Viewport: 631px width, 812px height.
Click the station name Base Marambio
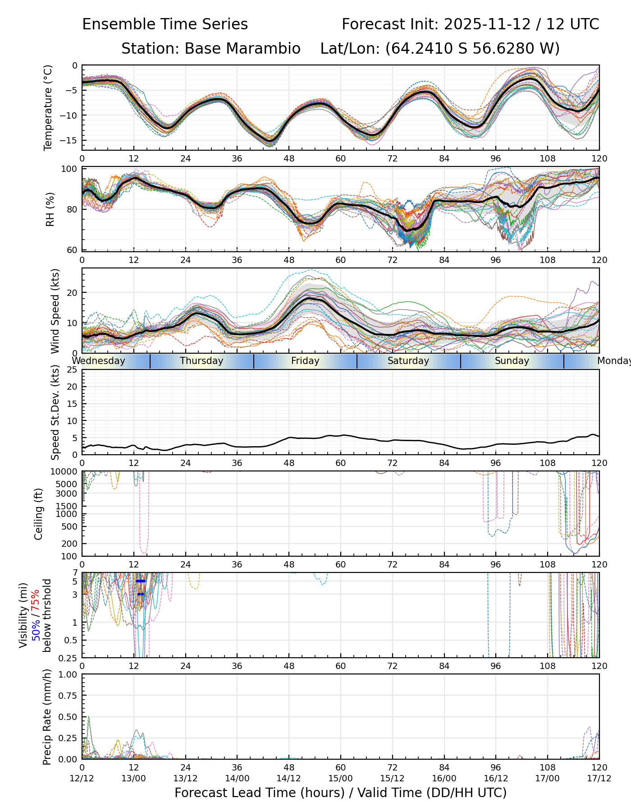pyautogui.click(x=242, y=49)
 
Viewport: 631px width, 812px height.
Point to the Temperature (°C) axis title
pyautogui.click(x=48, y=107)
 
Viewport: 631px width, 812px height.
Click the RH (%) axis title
pyautogui.click(x=50, y=209)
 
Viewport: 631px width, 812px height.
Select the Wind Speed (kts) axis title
pyautogui.click(x=55, y=311)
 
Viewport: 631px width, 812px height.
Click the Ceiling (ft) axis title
pyautogui.click(x=39, y=514)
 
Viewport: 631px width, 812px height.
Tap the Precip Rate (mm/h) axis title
pyautogui.click(x=47, y=717)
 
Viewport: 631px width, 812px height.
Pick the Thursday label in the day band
pyautogui.click(x=201, y=361)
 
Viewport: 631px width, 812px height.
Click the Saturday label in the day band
pyautogui.click(x=408, y=361)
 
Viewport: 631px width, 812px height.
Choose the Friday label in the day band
pyautogui.click(x=305, y=361)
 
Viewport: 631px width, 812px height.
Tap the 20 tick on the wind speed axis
pyautogui.click(x=73, y=292)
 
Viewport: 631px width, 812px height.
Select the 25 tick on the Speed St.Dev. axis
pyautogui.click(x=73, y=370)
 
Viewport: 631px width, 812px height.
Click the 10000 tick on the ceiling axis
pyautogui.click(x=65, y=472)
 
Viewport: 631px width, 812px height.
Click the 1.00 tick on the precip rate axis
pyautogui.click(x=68, y=675)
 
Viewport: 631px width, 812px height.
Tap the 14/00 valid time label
pyautogui.click(x=237, y=778)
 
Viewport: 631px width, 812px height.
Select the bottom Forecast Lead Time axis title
pyautogui.click(x=340, y=793)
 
